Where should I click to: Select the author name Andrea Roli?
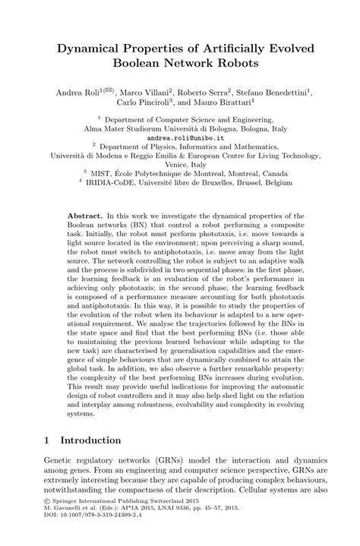tap(77, 93)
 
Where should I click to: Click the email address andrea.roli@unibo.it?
tap(179, 138)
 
